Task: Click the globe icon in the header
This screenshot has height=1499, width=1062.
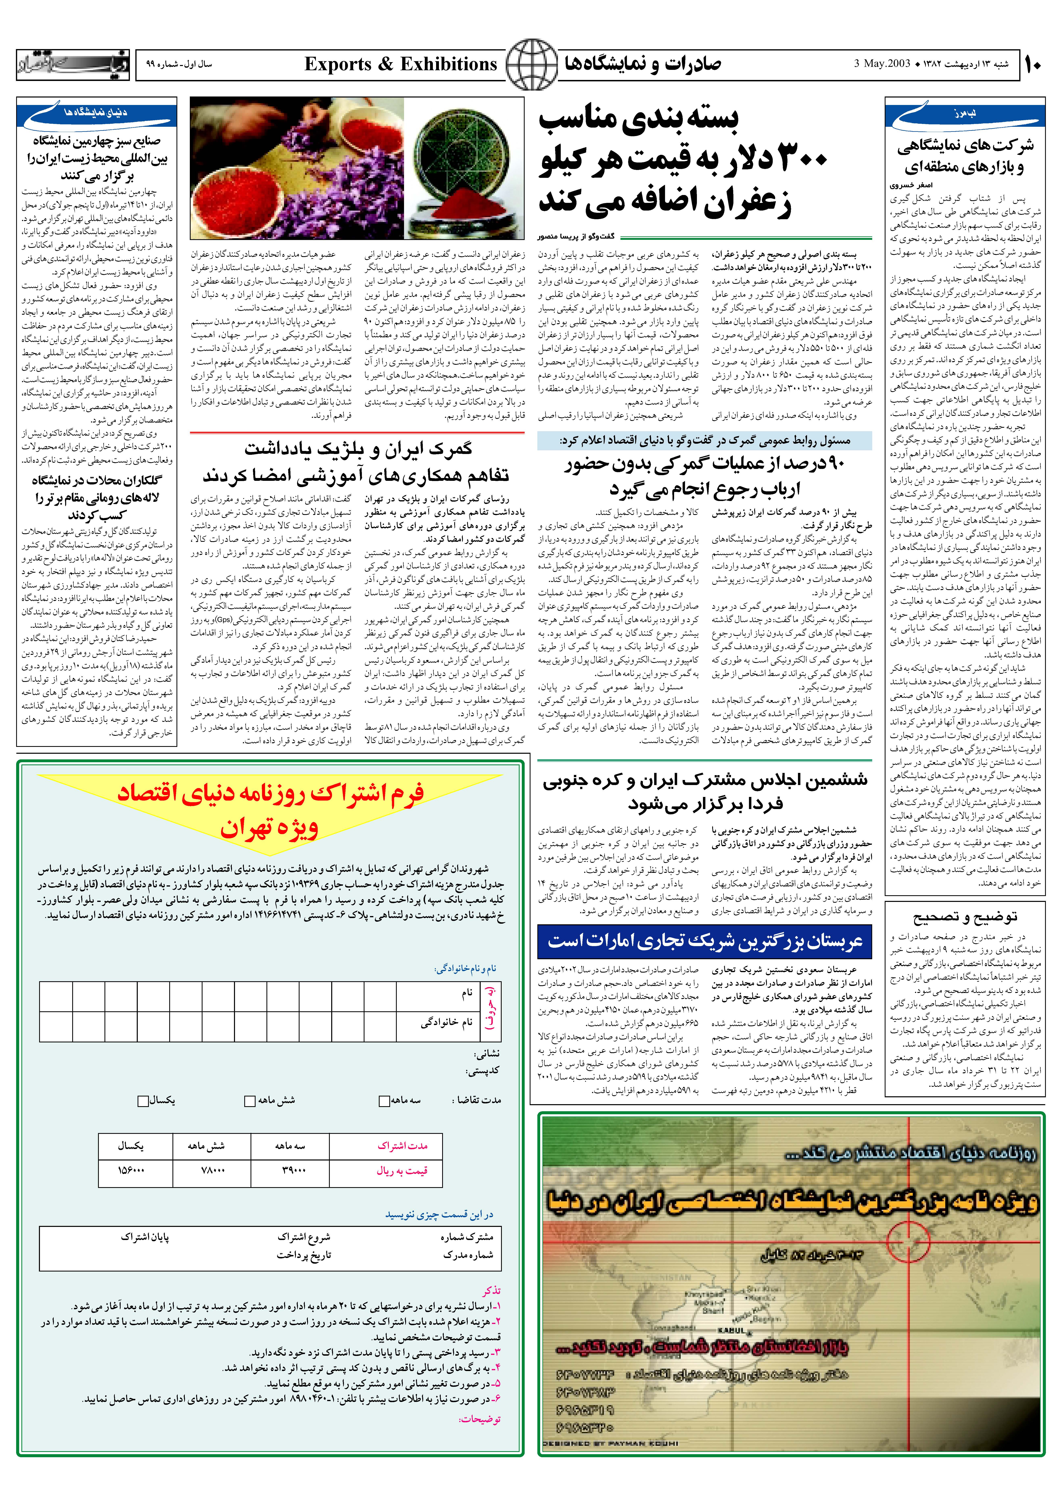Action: coord(532,64)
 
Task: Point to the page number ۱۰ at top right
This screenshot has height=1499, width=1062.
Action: coord(1033,64)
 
